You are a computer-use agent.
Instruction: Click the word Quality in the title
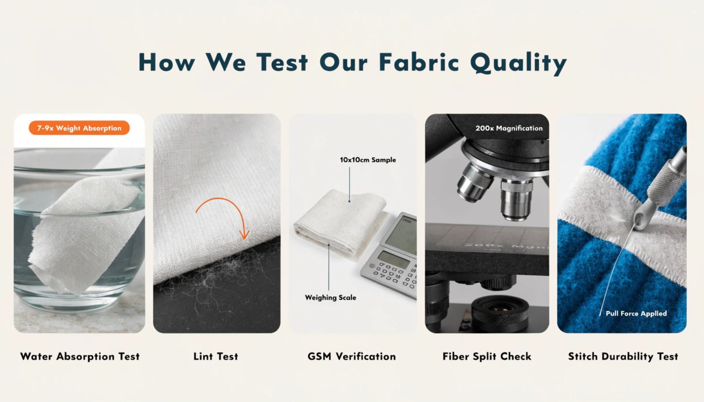pos(518,62)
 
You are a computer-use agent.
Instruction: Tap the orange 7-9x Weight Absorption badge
pos(79,128)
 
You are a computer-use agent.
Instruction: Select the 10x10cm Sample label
pos(367,160)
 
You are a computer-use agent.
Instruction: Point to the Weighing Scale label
pos(330,297)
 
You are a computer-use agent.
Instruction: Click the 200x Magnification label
pos(509,128)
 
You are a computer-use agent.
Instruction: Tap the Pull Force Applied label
pos(636,313)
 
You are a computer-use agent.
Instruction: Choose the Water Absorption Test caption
pos(80,356)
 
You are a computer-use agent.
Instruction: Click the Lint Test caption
pos(216,356)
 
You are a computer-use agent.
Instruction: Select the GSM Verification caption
pos(352,356)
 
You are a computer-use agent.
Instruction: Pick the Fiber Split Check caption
pos(487,356)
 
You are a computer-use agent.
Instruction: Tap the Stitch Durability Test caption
pos(623,356)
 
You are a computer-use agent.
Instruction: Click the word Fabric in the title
pos(419,62)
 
